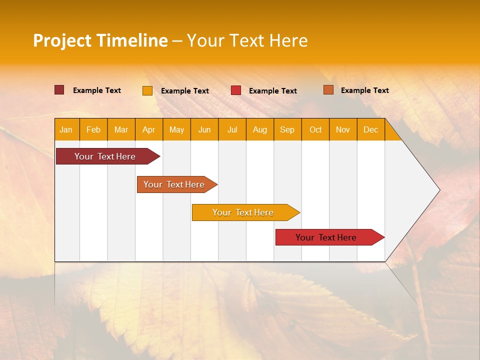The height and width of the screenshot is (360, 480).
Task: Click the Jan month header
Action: (x=66, y=129)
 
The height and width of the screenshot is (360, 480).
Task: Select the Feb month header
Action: (x=93, y=129)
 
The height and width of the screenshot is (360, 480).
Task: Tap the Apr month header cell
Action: (x=149, y=129)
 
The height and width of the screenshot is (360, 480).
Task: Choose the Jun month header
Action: (x=204, y=129)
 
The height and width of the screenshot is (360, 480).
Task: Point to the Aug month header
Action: (x=260, y=129)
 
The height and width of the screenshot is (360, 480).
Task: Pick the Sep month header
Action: (x=287, y=129)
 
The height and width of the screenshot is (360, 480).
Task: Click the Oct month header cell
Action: (x=315, y=129)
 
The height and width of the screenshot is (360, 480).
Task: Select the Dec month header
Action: (x=371, y=129)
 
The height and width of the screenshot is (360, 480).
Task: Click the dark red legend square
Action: (x=59, y=90)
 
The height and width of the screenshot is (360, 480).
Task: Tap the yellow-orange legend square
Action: (x=147, y=90)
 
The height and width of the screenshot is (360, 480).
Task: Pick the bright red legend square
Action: (x=236, y=90)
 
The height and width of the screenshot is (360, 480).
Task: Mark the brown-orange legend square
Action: (x=328, y=90)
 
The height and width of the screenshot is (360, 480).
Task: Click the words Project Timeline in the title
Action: (x=100, y=40)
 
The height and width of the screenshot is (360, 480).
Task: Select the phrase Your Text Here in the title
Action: (x=247, y=40)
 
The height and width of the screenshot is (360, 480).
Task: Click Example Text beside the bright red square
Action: (x=273, y=91)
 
